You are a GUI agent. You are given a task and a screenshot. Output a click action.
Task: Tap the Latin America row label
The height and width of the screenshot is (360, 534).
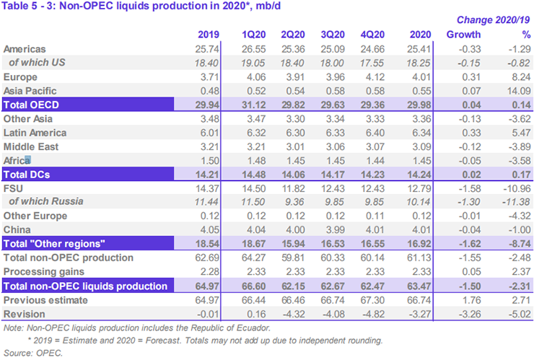point(35,133)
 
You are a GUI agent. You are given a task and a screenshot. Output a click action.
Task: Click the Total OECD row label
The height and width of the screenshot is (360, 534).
point(34,104)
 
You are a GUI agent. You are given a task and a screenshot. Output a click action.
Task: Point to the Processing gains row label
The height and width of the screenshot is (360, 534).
point(45,271)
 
